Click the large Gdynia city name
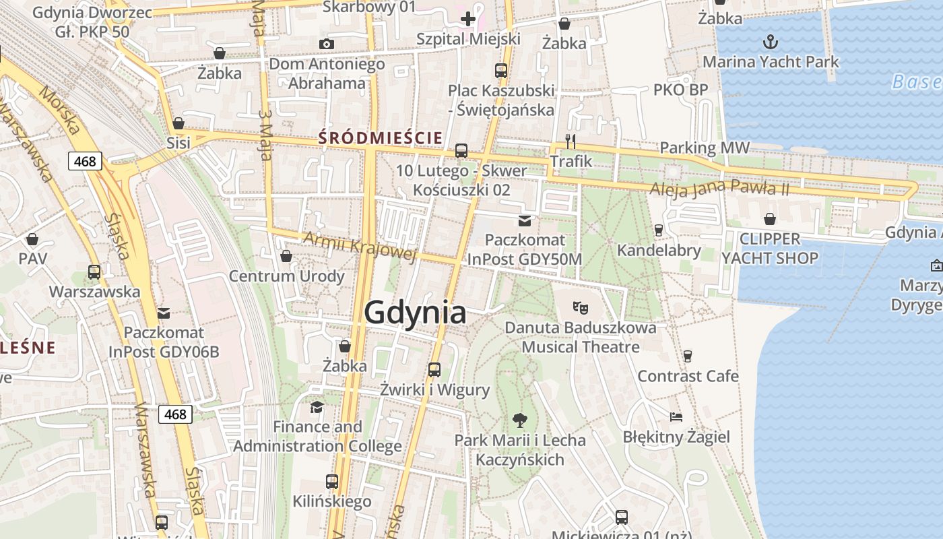click(415, 313)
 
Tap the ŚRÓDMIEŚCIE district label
click(381, 138)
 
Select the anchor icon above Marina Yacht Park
click(771, 42)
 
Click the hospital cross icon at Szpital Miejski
click(468, 19)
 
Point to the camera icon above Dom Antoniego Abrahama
click(327, 44)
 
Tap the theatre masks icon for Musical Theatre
click(581, 308)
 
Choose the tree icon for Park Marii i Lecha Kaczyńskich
click(519, 420)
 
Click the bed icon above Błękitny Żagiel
click(676, 417)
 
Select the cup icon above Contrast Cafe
click(688, 356)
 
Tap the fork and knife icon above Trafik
click(571, 141)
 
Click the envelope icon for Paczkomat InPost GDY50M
click(525, 220)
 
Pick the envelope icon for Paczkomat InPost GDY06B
click(164, 313)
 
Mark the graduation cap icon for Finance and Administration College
click(317, 407)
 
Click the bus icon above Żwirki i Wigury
click(434, 369)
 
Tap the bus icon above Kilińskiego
click(332, 481)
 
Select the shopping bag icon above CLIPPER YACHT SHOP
click(770, 219)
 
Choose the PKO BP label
click(680, 90)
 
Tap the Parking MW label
click(705, 148)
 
